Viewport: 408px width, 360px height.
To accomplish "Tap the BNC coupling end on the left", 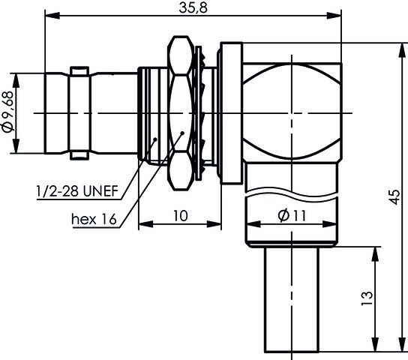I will coord(67,112).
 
